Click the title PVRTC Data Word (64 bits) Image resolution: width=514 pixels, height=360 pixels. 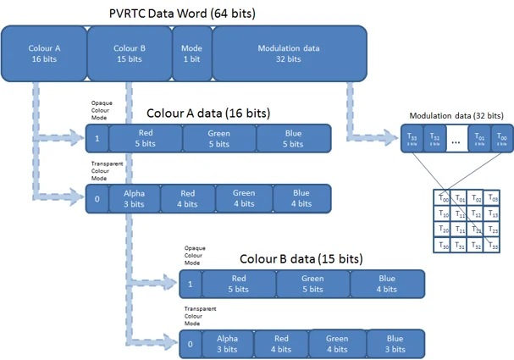coord(182,14)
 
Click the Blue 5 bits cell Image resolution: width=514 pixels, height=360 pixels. coord(293,138)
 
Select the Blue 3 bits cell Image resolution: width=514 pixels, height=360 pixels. coord(395,343)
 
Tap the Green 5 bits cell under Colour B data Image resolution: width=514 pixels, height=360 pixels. coord(312,283)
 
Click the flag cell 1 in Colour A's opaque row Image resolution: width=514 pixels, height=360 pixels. coord(97,138)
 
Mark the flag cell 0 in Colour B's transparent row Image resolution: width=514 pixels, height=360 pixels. coord(191,344)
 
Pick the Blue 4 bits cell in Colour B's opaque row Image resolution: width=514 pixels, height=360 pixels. coord(387,283)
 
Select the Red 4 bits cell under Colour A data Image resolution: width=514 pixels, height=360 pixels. coord(187,198)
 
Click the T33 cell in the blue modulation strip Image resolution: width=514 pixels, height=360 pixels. coord(412,138)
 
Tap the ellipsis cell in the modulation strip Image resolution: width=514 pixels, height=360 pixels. coord(456,139)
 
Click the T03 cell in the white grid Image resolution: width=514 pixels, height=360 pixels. coord(493,198)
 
